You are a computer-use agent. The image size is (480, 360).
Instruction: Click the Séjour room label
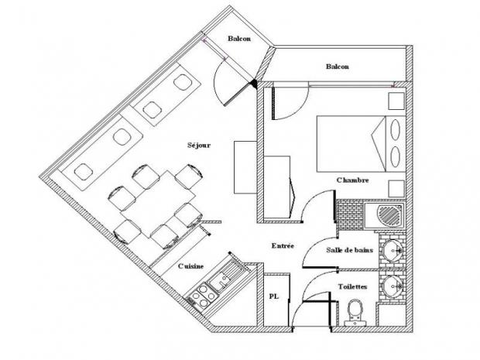(x=199, y=144)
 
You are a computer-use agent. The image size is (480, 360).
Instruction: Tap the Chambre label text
(x=351, y=180)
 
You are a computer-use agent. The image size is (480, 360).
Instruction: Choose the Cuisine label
(x=190, y=266)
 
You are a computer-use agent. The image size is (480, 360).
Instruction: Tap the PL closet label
(x=274, y=297)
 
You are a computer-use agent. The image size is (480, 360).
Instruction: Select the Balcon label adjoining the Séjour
(x=238, y=39)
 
